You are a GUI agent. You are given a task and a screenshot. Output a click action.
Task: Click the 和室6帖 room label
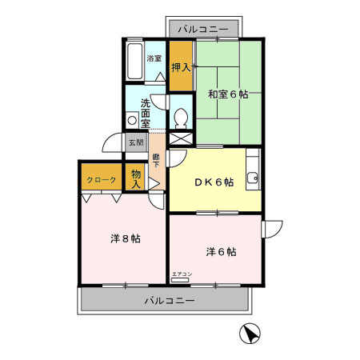228,94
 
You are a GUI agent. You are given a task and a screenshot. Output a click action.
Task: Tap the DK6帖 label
214,182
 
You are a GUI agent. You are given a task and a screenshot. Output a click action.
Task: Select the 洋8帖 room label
125,238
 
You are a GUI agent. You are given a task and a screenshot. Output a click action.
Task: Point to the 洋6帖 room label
220,251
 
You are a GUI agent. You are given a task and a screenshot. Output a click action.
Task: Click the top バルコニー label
203,29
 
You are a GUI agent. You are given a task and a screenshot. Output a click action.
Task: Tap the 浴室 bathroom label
154,58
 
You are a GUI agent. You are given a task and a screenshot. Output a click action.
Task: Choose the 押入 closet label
181,66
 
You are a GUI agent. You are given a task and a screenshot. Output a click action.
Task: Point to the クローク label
102,180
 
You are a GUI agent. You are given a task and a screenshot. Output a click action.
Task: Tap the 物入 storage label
136,179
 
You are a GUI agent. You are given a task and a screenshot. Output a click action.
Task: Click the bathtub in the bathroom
134,61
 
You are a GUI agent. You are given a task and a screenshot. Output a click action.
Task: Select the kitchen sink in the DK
253,177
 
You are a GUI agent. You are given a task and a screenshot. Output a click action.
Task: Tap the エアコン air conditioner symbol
182,275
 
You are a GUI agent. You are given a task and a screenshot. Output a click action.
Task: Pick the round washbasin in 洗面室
132,121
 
